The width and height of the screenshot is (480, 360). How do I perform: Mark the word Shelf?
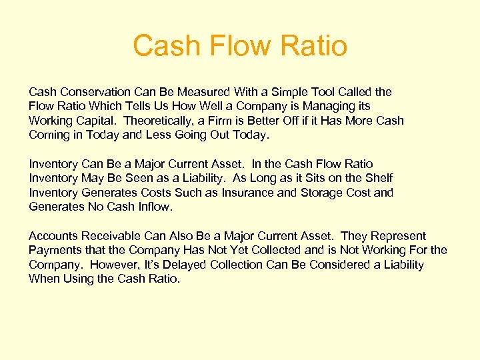pos(378,178)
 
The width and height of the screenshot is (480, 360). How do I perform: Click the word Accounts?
pos(53,236)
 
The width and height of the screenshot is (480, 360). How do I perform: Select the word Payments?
pos(54,250)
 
